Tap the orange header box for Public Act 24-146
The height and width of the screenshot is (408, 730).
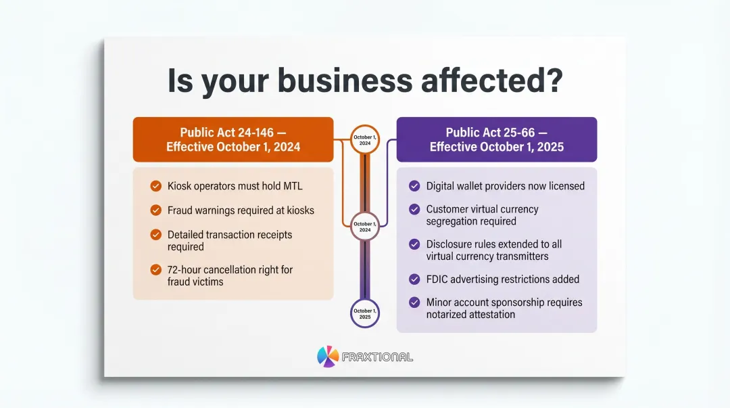click(233, 139)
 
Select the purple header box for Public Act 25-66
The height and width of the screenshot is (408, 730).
click(496, 139)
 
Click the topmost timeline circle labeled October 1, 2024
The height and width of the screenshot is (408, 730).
click(365, 139)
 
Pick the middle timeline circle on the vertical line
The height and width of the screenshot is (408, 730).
click(365, 226)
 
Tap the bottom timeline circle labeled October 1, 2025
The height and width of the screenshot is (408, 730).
click(365, 313)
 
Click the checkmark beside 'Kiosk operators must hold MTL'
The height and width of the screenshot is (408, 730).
click(155, 186)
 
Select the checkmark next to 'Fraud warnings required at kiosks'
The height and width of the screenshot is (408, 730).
click(155, 210)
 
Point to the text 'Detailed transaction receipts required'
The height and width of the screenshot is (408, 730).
click(230, 240)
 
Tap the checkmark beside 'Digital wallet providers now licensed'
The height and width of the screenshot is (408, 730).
click(414, 186)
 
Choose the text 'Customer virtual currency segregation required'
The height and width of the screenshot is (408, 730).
click(482, 215)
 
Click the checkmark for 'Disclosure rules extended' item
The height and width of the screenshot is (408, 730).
click(414, 244)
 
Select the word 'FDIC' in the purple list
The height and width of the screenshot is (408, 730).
click(439, 279)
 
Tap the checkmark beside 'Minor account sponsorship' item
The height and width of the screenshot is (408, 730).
click(414, 302)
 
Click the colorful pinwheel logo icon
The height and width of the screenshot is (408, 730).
click(328, 357)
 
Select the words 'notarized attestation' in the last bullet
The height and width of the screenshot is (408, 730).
click(470, 314)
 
